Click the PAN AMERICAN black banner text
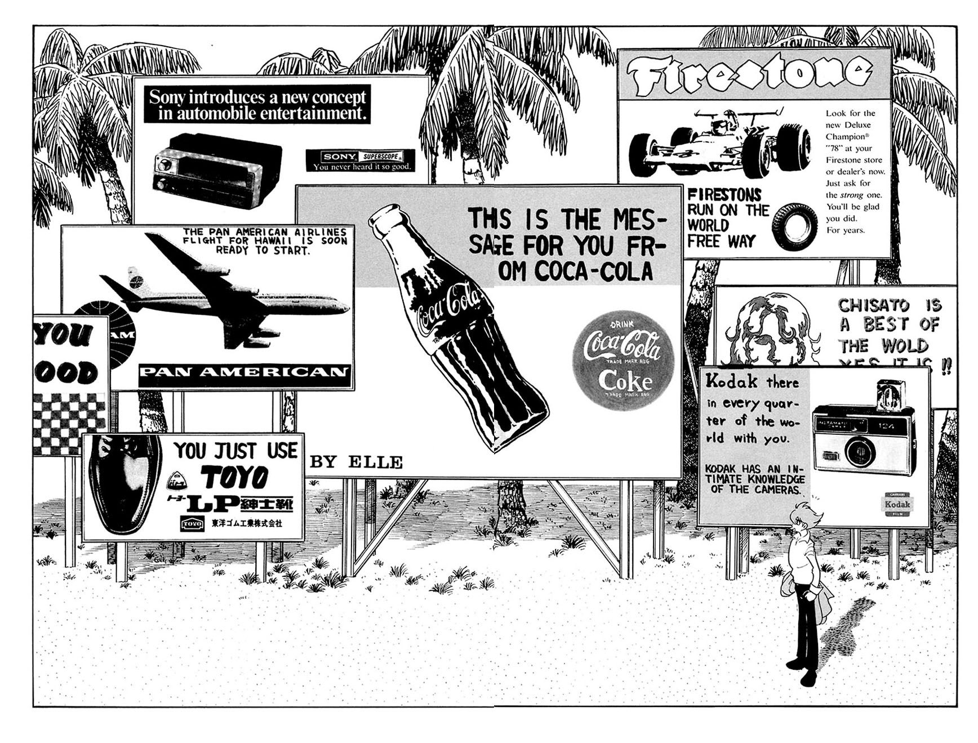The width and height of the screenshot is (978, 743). [244, 372]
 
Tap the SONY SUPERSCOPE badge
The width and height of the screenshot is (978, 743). [360, 160]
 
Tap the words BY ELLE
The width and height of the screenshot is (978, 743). [357, 463]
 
